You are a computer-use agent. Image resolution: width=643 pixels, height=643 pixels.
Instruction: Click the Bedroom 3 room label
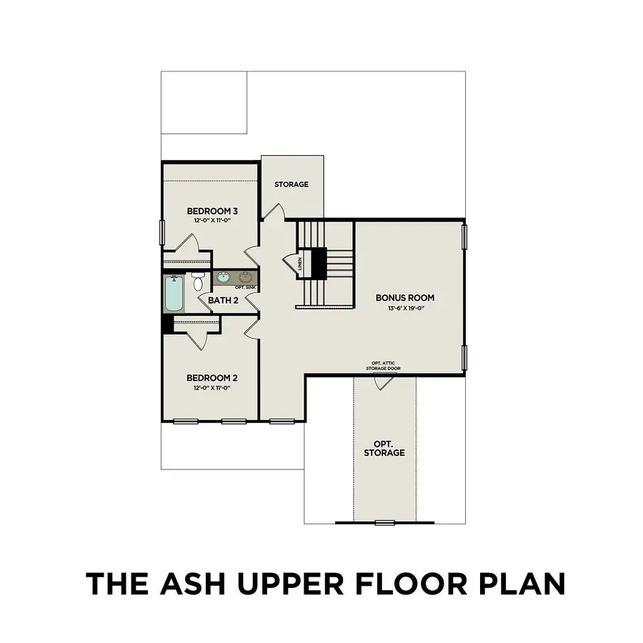pos(212,211)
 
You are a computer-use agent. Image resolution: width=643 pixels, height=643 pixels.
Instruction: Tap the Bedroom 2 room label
pos(212,378)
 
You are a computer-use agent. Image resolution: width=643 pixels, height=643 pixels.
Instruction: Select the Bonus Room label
pos(405,298)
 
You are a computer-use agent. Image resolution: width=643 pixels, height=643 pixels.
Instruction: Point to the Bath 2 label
pos(223,300)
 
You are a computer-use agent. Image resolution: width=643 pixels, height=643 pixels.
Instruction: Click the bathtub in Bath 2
pos(175,294)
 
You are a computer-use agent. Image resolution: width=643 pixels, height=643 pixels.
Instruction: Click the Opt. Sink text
pos(245,287)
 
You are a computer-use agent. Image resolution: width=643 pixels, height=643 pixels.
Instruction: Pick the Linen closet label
pos(300,264)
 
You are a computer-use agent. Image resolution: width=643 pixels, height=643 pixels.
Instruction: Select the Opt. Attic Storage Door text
pos(384,366)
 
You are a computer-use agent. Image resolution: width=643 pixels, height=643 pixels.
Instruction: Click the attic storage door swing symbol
pos(384,383)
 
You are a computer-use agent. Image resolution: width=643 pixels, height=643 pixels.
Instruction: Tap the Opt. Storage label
pos(384,448)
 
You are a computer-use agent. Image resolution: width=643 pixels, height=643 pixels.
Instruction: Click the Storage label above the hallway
pos(291,184)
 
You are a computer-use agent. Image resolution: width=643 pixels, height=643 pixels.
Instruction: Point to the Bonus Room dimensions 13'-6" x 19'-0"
pos(406,309)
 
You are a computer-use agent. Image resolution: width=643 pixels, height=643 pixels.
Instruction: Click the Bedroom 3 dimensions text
pos(213,220)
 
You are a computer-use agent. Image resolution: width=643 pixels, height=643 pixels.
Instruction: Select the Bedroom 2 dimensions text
pos(212,387)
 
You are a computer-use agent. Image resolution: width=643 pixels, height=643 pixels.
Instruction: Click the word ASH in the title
pos(193,583)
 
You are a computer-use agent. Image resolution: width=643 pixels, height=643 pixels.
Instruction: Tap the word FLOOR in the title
pos(410,583)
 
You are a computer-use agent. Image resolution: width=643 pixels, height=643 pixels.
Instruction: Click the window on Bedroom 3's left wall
pos(162,233)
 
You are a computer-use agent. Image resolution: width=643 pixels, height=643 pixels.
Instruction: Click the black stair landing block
pos(319,264)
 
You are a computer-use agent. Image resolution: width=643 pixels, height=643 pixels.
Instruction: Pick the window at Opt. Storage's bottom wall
pos(384,523)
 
